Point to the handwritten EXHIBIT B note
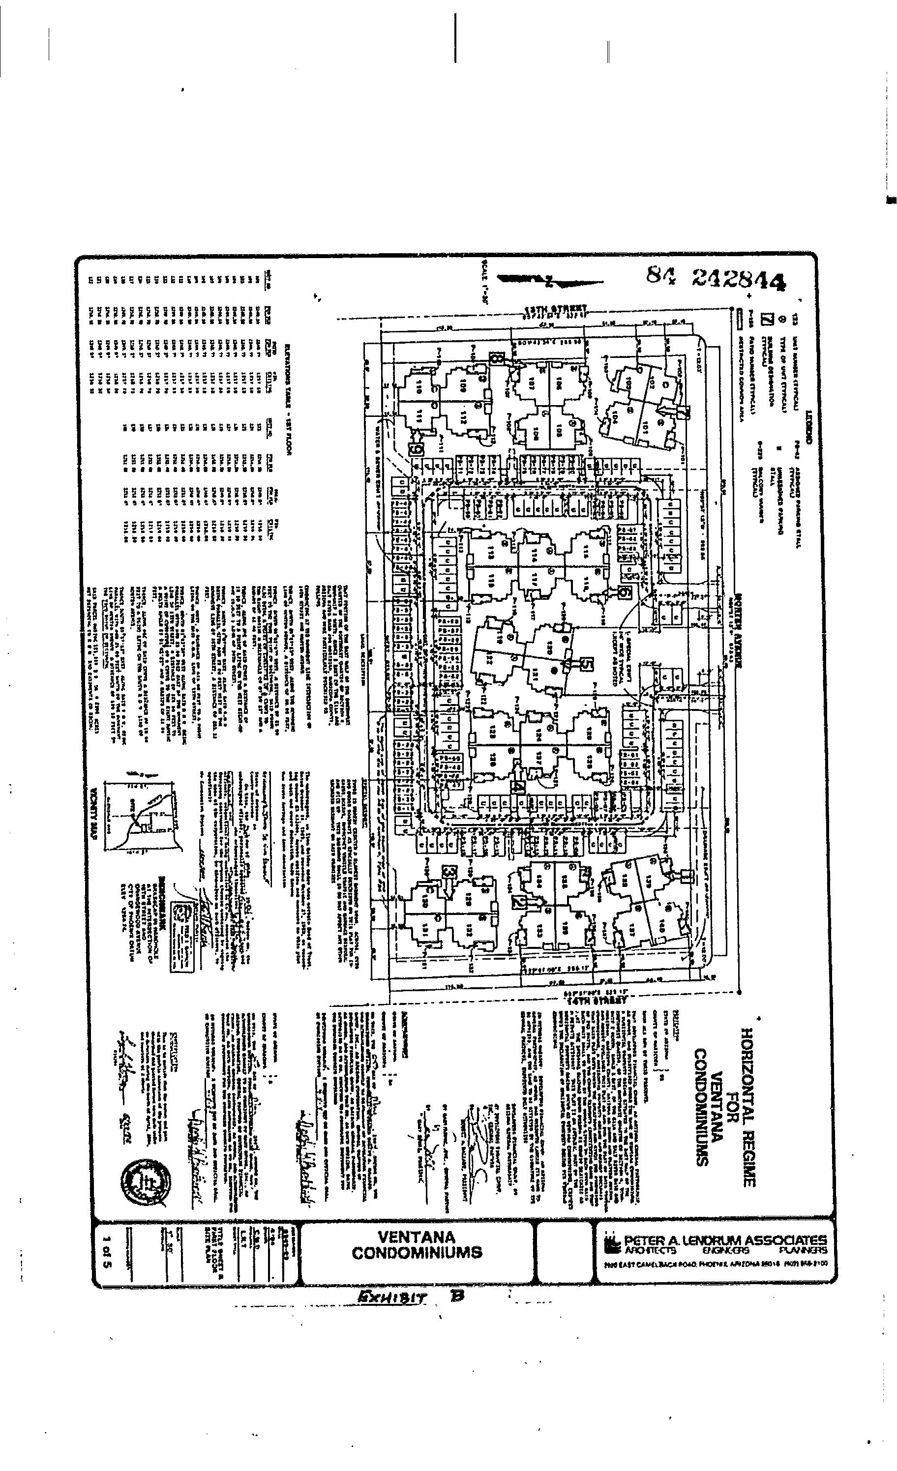coord(410,1296)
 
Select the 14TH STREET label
coord(596,1000)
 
